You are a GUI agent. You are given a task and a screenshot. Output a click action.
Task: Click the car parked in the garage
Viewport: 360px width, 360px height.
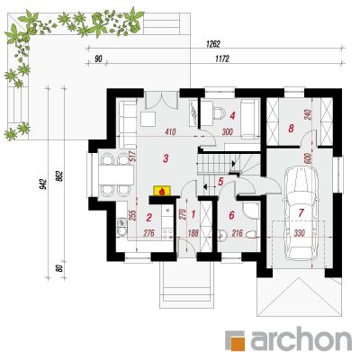coord(301,213)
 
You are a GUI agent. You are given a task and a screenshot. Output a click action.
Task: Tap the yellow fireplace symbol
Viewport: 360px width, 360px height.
coord(162,191)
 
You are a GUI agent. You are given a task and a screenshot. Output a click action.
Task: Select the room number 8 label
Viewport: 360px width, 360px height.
coord(291,129)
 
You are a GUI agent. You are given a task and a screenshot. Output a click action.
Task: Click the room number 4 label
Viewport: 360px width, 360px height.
coord(232,115)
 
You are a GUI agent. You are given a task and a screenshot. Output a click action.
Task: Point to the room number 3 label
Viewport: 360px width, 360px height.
coord(166,158)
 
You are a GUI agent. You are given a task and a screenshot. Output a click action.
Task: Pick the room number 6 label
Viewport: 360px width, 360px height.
coord(231,215)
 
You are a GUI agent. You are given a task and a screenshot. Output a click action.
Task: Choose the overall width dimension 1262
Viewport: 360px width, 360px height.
coord(213,44)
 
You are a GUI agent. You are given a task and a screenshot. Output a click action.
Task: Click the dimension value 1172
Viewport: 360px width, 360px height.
coord(222,59)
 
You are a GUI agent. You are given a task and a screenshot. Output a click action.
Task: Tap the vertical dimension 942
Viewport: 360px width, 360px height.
coord(44,184)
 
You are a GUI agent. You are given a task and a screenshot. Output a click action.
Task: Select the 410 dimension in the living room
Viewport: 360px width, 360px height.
coord(170,131)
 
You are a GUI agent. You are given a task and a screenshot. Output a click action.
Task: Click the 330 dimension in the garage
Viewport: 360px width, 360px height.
coord(300,233)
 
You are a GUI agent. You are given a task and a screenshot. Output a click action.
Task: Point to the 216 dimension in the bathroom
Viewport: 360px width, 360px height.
coord(238,233)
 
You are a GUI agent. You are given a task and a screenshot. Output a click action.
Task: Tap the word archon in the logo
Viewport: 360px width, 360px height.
coord(301,340)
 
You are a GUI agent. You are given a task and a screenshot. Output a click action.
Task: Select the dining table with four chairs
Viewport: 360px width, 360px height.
coord(116,175)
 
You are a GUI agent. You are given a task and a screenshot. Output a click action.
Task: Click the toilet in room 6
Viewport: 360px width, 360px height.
coord(251,234)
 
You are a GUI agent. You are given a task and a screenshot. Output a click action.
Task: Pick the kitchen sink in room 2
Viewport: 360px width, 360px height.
coord(121,227)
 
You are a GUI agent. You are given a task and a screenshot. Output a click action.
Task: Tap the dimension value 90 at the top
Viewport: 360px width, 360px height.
coord(98,59)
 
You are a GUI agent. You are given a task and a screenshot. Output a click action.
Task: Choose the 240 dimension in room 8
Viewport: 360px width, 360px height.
coord(309,114)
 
